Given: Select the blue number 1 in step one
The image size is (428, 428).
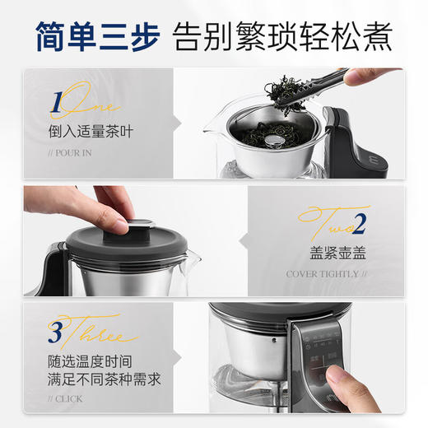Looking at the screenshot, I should (x=55, y=105).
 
